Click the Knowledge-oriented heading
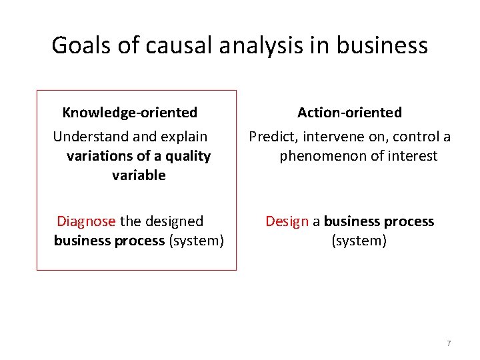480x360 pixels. (x=130, y=113)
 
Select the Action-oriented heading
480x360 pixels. (x=349, y=113)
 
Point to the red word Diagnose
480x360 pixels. (x=86, y=221)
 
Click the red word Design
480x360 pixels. (x=287, y=221)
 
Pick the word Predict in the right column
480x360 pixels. (x=273, y=137)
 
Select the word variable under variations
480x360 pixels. (x=139, y=175)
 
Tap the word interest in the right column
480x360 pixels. (x=414, y=156)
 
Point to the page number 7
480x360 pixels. (x=449, y=343)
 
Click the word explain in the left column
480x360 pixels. (x=183, y=137)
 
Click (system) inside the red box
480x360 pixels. (x=197, y=240)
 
